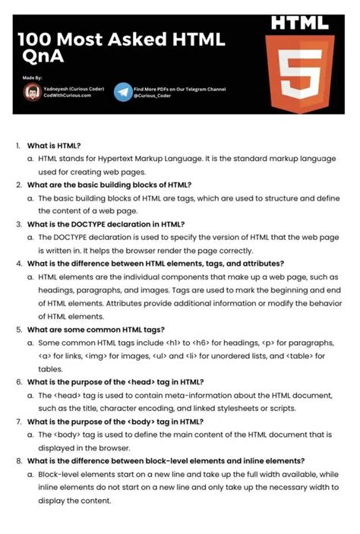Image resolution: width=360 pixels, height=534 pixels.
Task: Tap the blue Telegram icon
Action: tap(122, 93)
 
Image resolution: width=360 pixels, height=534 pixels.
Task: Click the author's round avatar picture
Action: tap(32, 93)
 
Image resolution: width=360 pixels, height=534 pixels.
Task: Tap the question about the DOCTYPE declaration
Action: tap(106, 224)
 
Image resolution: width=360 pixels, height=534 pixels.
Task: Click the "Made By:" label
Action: tap(32, 77)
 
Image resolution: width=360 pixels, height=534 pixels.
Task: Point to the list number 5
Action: tap(19, 330)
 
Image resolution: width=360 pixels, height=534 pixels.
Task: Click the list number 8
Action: tap(19, 460)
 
